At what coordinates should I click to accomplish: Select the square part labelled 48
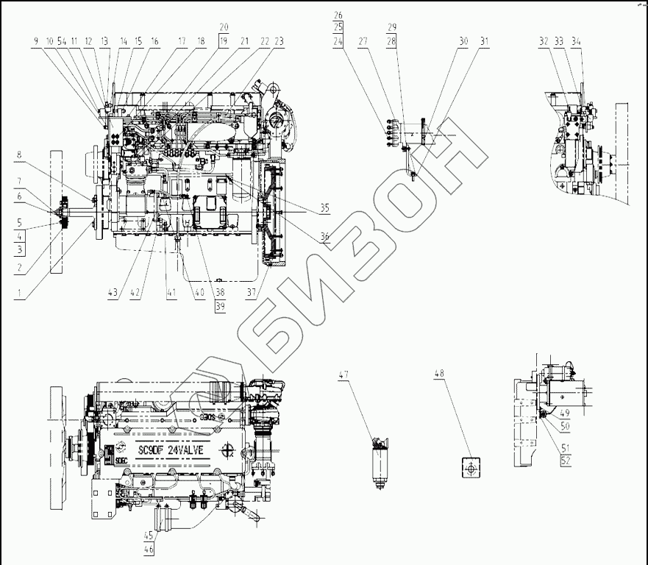470,466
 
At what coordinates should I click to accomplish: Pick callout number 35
324,209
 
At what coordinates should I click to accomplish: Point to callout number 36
324,237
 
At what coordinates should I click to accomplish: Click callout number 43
112,294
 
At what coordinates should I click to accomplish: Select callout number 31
483,43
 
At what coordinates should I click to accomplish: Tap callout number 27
363,43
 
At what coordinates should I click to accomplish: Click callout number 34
576,42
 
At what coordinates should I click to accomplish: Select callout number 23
279,42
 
